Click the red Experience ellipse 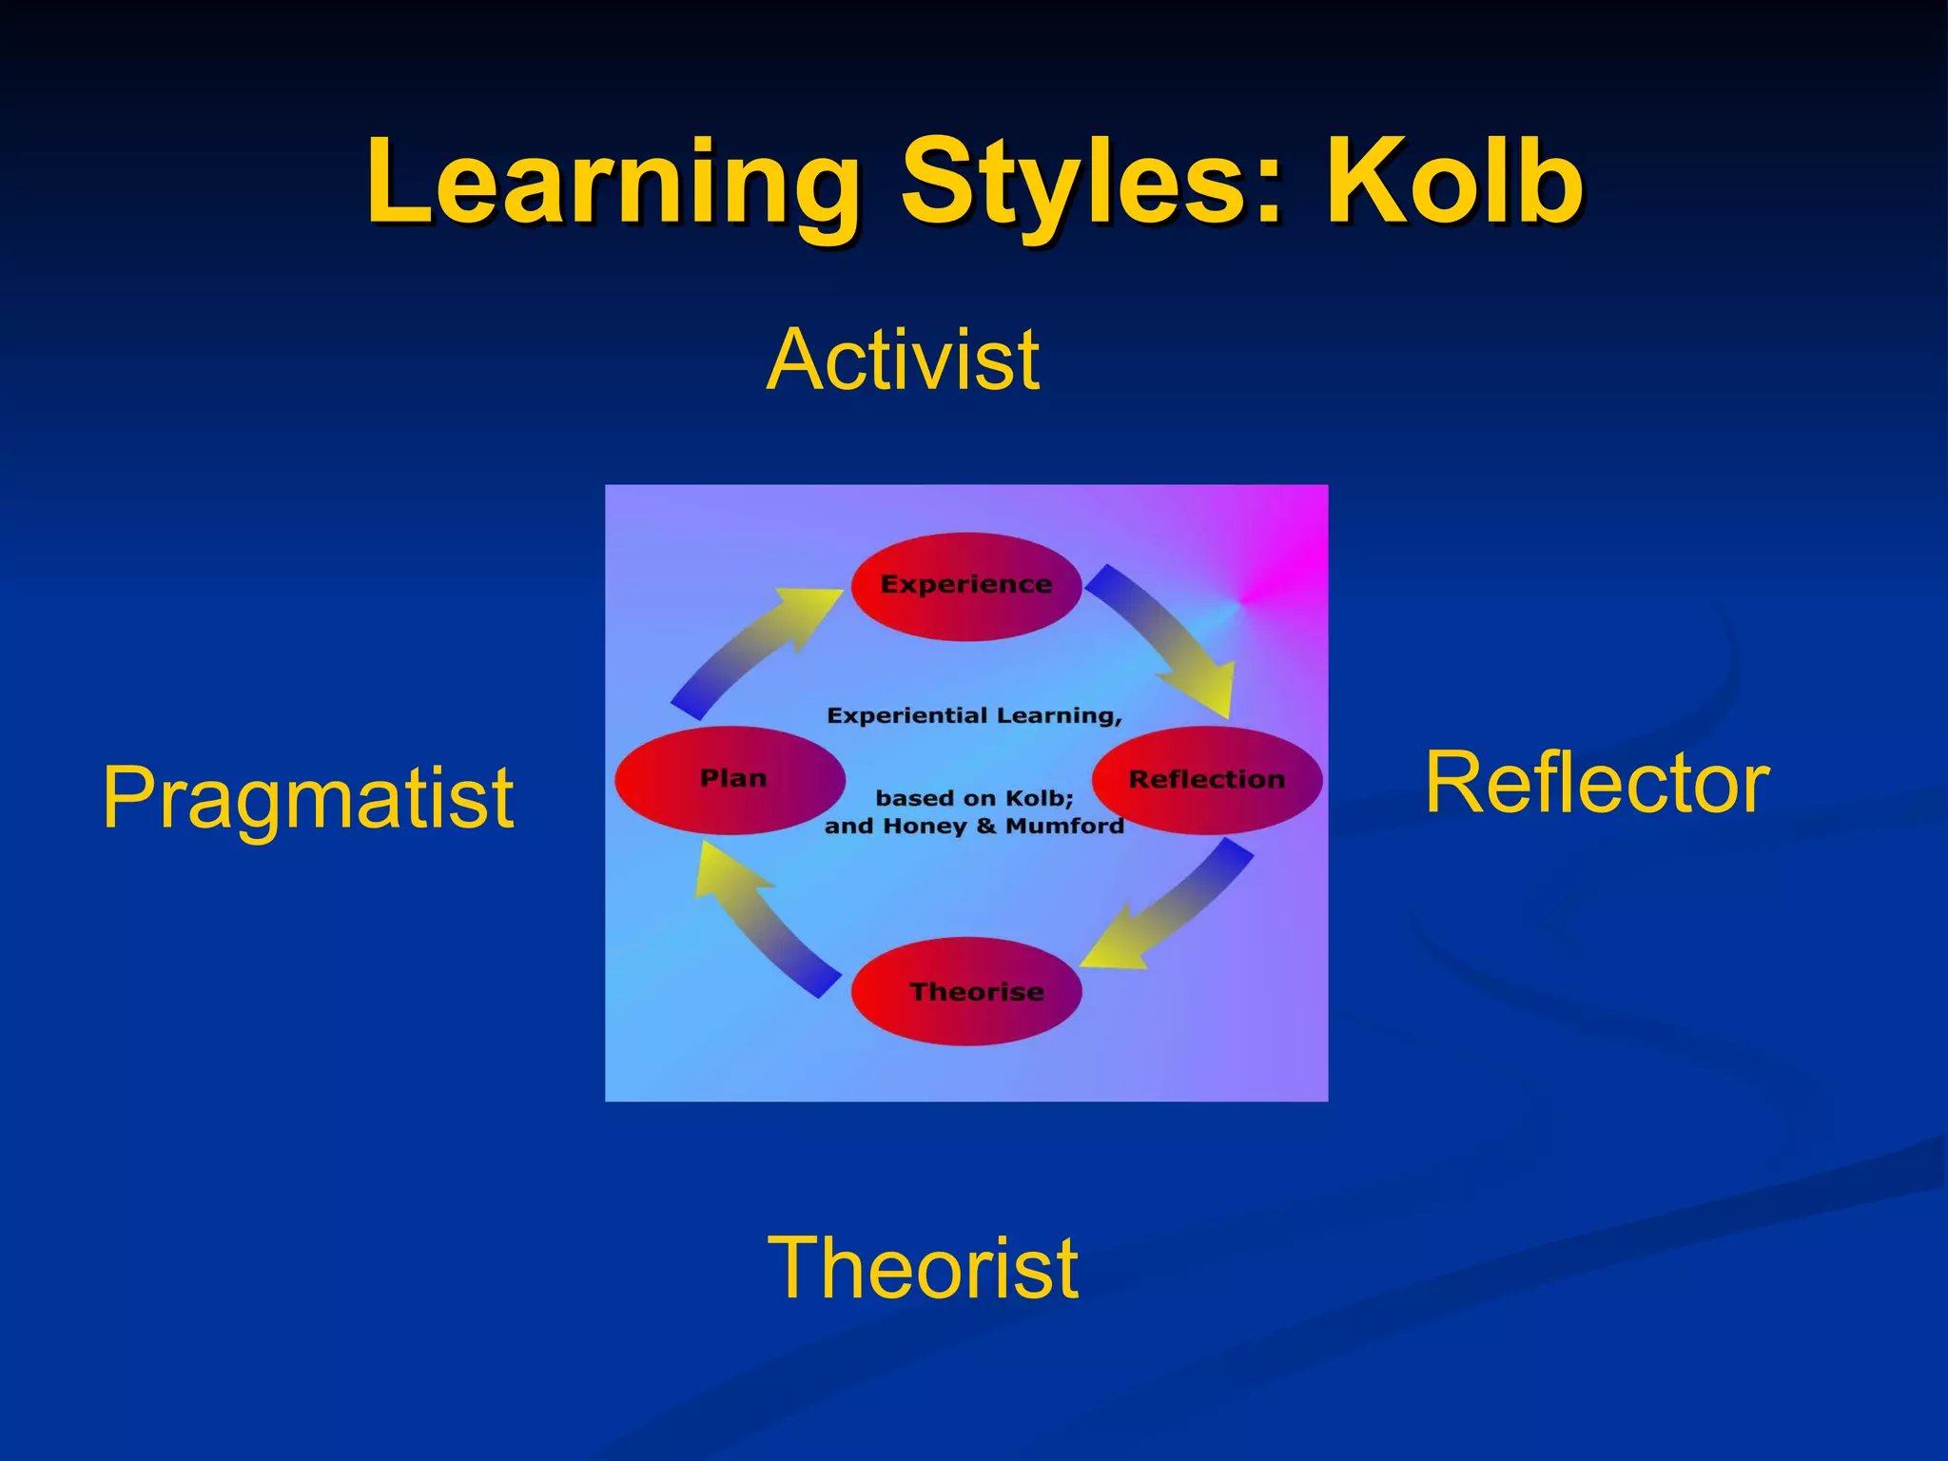pos(965,586)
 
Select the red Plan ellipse pos(730,780)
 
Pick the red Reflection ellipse pos(1206,780)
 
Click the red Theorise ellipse pos(966,992)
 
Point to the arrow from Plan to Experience pos(751,652)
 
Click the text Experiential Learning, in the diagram pos(974,715)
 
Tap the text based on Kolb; pos(974,798)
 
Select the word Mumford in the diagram pos(1064,827)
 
